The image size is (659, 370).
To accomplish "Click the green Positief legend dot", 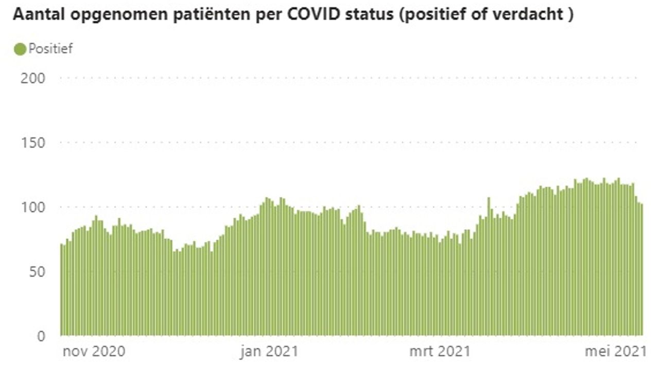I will click(x=20, y=49).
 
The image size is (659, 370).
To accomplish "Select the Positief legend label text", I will click(x=50, y=49).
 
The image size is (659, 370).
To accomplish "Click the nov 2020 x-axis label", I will click(x=94, y=351).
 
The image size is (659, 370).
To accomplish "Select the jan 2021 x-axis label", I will click(x=269, y=351).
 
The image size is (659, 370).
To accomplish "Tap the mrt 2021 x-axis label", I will click(x=440, y=351).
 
